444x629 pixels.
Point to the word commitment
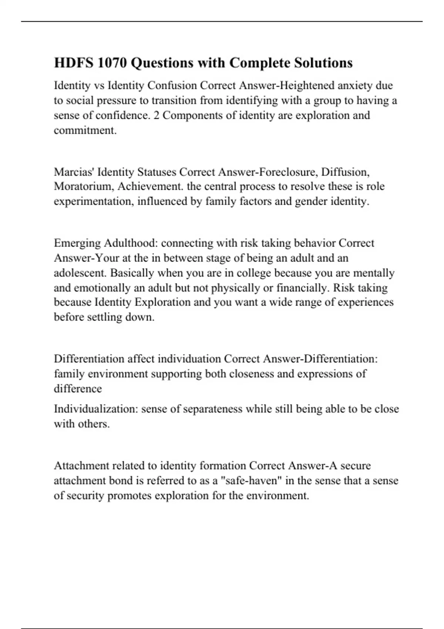pyautogui.click(x=85, y=130)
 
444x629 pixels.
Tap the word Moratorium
pyautogui.click(x=84, y=186)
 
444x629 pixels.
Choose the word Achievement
pyautogui.click(x=150, y=186)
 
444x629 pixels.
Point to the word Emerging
pyautogui.click(x=77, y=243)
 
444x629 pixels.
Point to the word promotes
pyautogui.click(x=129, y=495)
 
